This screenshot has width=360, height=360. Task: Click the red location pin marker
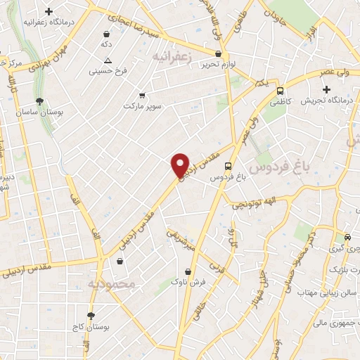(x=181, y=164)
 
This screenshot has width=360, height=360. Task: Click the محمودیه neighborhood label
(x=110, y=283)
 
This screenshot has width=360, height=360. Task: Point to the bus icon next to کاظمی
(x=281, y=91)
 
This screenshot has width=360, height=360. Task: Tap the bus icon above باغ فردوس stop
(x=228, y=166)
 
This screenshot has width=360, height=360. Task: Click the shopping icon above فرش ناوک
(x=188, y=271)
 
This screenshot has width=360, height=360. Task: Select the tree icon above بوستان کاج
(x=91, y=316)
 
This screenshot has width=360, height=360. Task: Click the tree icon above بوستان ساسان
(x=39, y=101)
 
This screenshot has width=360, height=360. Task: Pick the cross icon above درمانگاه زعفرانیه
(x=48, y=12)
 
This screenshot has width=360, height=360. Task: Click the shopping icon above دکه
(x=106, y=33)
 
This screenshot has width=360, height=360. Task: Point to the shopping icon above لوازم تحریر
(x=218, y=53)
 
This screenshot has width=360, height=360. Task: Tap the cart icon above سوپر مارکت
(x=143, y=95)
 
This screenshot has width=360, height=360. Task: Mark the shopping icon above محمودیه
(x=120, y=262)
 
